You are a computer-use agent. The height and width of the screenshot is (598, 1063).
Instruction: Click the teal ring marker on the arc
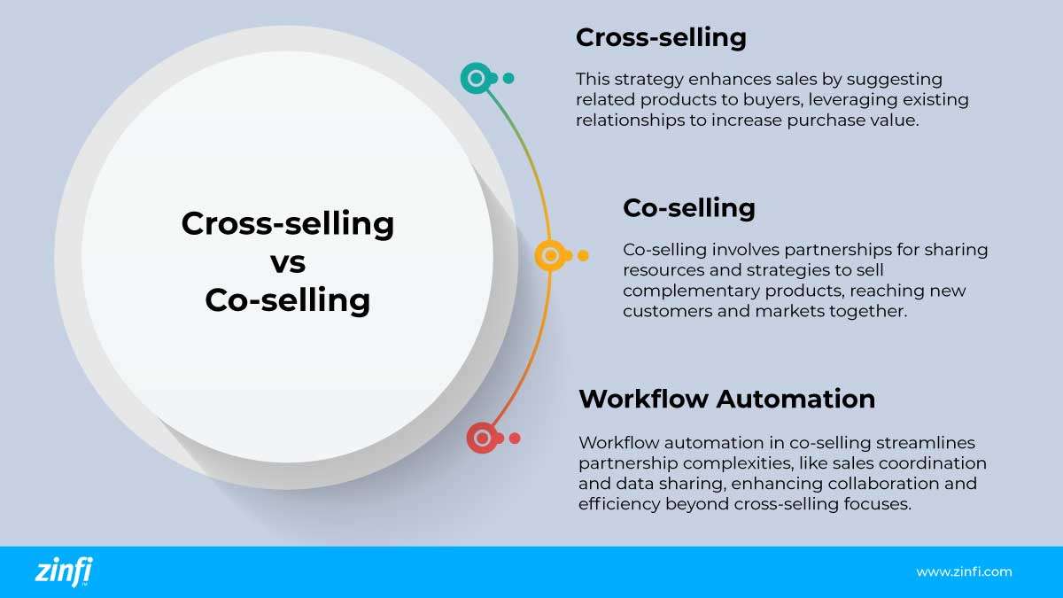[477, 79]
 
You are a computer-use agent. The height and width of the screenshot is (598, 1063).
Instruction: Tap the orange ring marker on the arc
[551, 256]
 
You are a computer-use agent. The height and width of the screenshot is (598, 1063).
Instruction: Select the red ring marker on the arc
[482, 438]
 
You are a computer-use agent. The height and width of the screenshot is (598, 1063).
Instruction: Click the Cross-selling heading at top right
[661, 38]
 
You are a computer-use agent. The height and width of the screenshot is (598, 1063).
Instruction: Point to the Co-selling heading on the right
[688, 208]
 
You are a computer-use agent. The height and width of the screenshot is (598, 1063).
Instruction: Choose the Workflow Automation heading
[726, 399]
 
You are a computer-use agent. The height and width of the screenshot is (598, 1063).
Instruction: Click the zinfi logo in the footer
[63, 571]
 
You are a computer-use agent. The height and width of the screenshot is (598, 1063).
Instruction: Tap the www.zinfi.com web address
[964, 572]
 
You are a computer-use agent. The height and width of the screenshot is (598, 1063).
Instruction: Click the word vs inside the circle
[287, 262]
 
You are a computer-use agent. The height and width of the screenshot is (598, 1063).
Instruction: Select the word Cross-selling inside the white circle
[287, 223]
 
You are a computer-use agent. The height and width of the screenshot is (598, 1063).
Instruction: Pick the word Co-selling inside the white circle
[287, 301]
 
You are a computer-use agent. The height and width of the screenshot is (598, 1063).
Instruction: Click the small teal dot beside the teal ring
[508, 79]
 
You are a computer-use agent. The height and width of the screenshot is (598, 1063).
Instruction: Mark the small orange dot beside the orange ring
[583, 256]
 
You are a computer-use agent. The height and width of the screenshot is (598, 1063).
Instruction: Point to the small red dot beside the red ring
[515, 438]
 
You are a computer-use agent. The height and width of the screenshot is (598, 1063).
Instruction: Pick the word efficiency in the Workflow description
[614, 505]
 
